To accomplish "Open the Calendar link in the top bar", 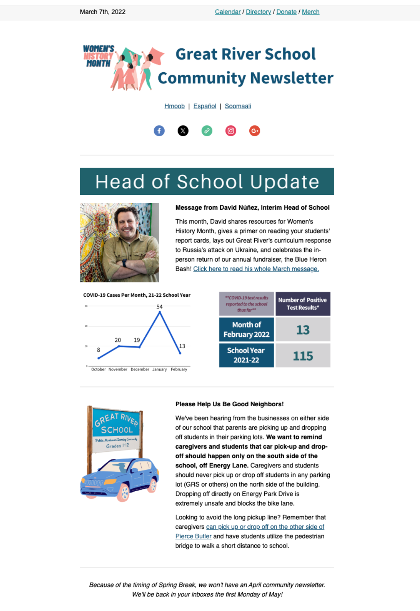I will point(228,12).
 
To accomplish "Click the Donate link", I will point(286,12).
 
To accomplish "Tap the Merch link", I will point(310,12).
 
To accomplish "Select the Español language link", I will point(205,106).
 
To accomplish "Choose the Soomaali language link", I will point(238,106).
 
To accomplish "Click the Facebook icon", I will point(159,131).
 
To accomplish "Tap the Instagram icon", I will point(231,131).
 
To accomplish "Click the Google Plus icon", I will point(255,131).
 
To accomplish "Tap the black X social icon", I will point(183,131).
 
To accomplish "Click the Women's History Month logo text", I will point(98,56).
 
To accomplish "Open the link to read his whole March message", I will point(256,269).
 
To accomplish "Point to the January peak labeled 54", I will point(160,312).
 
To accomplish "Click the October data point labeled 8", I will point(99,358).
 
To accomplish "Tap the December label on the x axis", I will point(140,369).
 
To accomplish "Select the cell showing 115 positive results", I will point(303,356).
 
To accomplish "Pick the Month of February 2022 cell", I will point(246,330).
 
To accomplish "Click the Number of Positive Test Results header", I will point(302,304).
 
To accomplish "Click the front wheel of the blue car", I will point(123,492).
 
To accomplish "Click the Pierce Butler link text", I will point(193,536).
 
